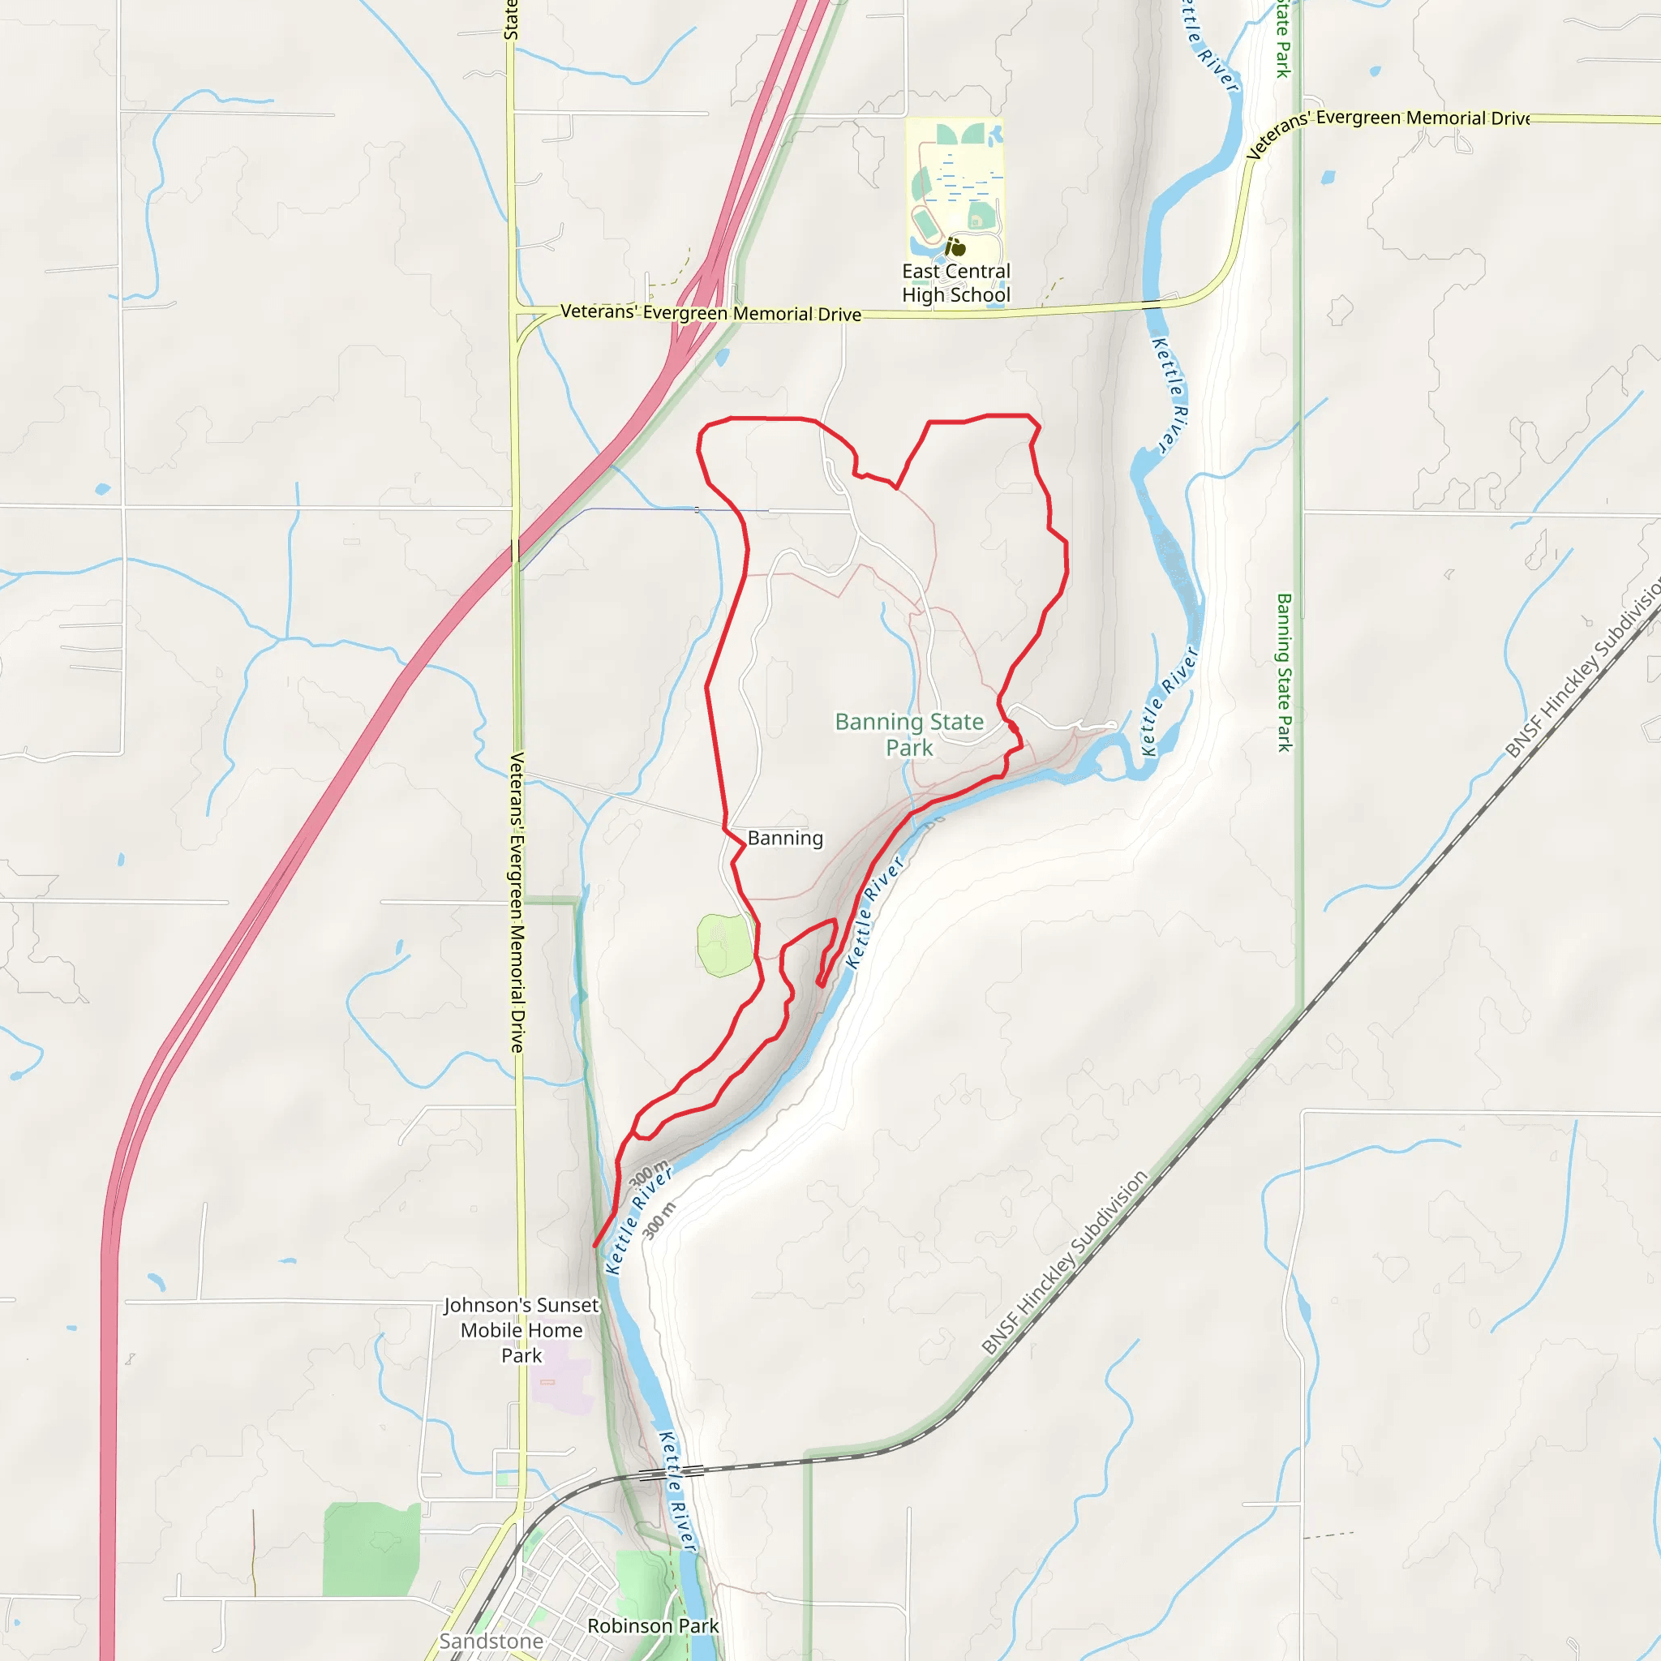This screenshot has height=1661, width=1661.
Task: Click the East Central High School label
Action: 956,283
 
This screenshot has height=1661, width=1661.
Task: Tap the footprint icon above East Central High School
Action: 955,247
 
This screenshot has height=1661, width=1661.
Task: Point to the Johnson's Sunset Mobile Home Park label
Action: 521,1330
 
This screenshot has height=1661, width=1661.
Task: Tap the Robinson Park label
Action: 653,1626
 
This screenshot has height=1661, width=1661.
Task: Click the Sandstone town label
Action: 491,1642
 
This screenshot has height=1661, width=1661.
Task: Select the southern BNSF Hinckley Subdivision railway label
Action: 1064,1261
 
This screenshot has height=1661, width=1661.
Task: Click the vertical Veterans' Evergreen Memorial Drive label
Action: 517,903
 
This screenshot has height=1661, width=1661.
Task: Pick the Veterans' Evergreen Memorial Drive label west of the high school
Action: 710,313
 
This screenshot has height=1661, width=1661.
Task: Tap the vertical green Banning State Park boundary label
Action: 1284,672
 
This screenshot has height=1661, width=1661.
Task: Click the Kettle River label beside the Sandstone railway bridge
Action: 676,1491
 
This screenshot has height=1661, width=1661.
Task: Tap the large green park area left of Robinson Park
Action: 371,1548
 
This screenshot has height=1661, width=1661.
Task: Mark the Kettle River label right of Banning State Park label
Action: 1169,702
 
